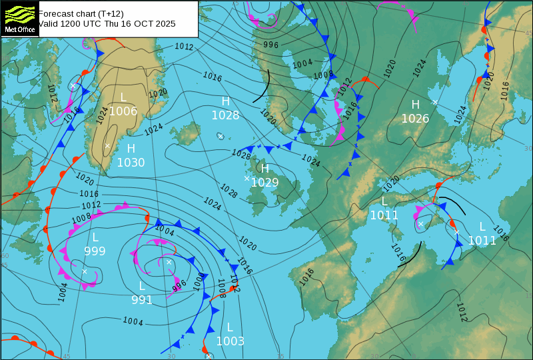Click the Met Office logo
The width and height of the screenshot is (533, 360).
click(19, 19)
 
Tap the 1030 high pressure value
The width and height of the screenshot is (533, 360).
click(131, 162)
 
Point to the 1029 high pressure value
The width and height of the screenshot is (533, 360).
click(265, 182)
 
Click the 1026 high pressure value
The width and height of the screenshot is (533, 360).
click(415, 119)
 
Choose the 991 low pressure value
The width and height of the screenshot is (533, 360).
click(142, 300)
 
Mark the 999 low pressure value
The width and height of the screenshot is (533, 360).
click(95, 251)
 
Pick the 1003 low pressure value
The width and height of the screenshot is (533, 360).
click(230, 341)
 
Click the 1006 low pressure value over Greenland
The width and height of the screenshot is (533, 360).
click(123, 111)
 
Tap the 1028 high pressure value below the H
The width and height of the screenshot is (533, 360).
click(225, 115)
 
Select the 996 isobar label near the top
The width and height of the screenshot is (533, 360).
click(270, 45)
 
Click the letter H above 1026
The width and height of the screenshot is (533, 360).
click(415, 105)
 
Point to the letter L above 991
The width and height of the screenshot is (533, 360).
click(142, 286)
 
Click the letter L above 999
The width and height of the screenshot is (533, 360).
click(95, 237)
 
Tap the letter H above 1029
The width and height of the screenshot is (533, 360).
click(265, 169)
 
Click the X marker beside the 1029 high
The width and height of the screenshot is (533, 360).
click(247, 178)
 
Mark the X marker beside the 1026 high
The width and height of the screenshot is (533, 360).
click(434, 102)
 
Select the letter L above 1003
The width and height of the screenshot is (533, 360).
click(230, 327)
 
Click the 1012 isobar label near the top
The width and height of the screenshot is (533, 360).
click(184, 47)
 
